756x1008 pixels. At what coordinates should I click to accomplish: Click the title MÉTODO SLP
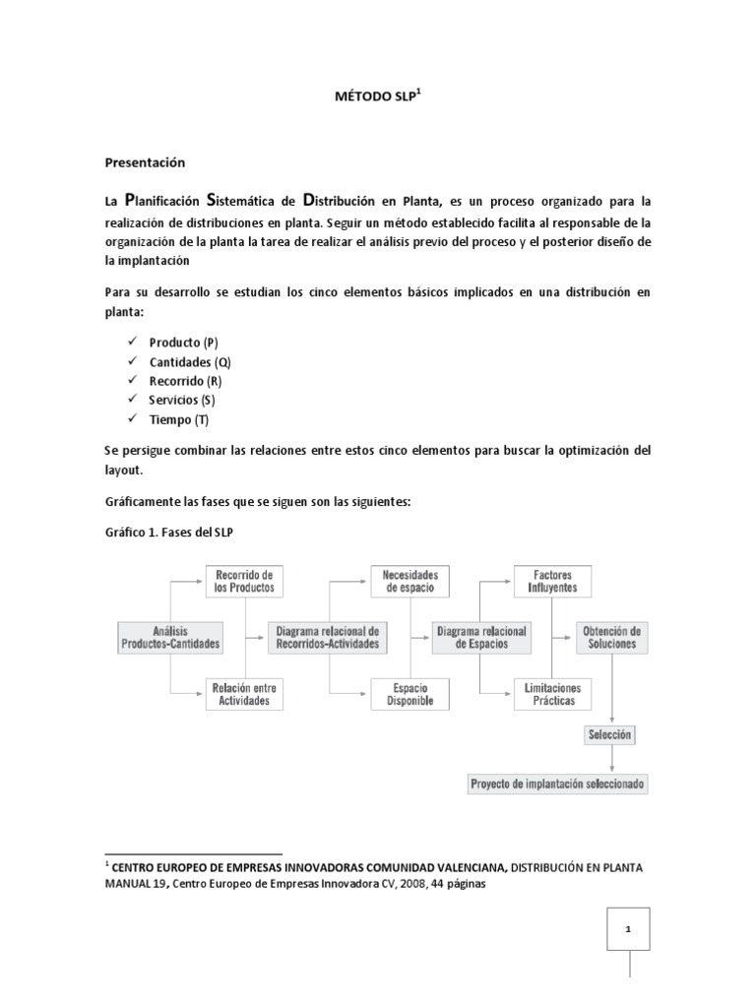pyautogui.click(x=377, y=99)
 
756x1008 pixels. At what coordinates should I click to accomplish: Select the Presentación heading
pyautogui.click(x=145, y=161)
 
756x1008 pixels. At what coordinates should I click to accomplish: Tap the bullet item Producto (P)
pyautogui.click(x=183, y=343)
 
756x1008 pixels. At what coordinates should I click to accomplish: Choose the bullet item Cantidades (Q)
pyautogui.click(x=190, y=362)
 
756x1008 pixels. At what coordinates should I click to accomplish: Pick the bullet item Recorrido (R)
pyautogui.click(x=185, y=381)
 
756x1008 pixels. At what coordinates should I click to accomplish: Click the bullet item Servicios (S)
pyautogui.click(x=181, y=401)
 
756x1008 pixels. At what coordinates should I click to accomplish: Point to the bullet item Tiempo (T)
pyautogui.click(x=178, y=420)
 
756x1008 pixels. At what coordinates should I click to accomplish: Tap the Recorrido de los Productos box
pyautogui.click(x=243, y=581)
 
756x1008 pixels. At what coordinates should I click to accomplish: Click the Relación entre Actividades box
pyautogui.click(x=243, y=694)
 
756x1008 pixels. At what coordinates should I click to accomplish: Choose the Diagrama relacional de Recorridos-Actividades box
pyautogui.click(x=326, y=637)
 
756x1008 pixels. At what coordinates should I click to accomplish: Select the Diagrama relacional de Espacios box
pyautogui.click(x=482, y=637)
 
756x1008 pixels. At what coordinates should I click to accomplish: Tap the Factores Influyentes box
pyautogui.click(x=552, y=581)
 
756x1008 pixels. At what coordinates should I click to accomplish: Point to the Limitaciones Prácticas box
pyautogui.click(x=552, y=694)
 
